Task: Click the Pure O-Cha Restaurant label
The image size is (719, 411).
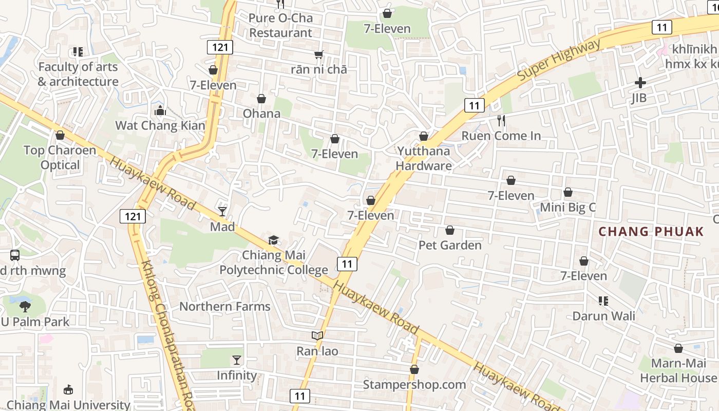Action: [280, 25]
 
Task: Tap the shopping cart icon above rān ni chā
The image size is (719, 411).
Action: [318, 54]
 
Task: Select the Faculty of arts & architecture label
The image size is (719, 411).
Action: [78, 74]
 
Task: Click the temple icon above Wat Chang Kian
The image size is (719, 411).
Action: [160, 110]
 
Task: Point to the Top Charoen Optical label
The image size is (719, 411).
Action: [60, 158]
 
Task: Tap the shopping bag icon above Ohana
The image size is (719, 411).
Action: [261, 99]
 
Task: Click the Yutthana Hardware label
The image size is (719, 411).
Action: [424, 158]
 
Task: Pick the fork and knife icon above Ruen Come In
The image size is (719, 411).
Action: [501, 121]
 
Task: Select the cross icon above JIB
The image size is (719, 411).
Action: [640, 83]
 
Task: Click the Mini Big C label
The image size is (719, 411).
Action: [567, 208]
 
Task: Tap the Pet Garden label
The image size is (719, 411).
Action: [450, 245]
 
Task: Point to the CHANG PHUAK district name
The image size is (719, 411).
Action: [651, 231]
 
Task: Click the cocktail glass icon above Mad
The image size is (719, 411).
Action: [222, 211]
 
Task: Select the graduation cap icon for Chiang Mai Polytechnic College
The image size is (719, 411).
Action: [273, 240]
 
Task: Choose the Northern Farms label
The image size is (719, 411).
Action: [224, 307]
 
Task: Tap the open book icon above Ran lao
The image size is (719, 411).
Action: [317, 336]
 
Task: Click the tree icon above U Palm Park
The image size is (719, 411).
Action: [25, 307]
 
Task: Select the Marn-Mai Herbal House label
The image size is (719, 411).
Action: [678, 370]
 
